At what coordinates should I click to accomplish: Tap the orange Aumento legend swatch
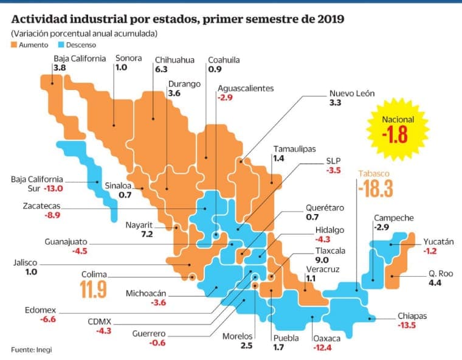[x=15, y=45]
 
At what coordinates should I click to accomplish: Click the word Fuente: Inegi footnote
[x=29, y=348]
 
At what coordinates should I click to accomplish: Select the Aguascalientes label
[x=245, y=88]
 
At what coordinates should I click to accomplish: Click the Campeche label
[x=393, y=218]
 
